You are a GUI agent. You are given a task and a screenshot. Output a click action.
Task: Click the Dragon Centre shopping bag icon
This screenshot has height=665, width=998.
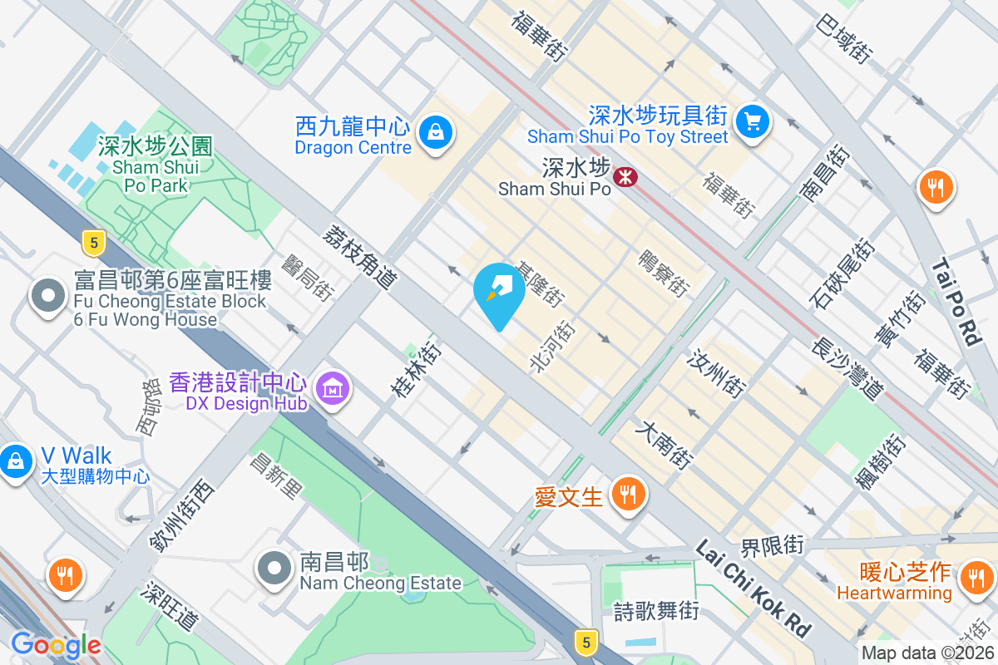pos(435,131)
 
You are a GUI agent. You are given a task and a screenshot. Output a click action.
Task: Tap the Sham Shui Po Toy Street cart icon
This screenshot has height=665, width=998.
pos(753,121)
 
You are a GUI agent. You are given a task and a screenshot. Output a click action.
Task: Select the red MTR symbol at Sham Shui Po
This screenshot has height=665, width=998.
pos(625,176)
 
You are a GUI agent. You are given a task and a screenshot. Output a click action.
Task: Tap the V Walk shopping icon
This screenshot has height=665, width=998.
pos(15,459)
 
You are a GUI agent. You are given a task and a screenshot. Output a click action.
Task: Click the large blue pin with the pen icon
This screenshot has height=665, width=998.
pos(499,293)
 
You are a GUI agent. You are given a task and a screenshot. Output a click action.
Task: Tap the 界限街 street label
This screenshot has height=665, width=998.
pos(773,545)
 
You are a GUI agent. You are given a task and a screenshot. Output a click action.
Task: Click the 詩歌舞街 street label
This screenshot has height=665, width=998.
pos(656,612)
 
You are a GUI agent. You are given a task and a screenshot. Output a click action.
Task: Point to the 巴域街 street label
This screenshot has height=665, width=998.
pos(845,39)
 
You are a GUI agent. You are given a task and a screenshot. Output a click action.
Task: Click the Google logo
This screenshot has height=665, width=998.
pos(56,645)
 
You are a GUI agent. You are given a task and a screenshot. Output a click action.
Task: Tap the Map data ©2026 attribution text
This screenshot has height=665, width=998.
pos(926,653)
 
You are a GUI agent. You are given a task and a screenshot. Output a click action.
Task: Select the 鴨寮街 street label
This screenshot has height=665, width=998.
pos(663,273)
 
